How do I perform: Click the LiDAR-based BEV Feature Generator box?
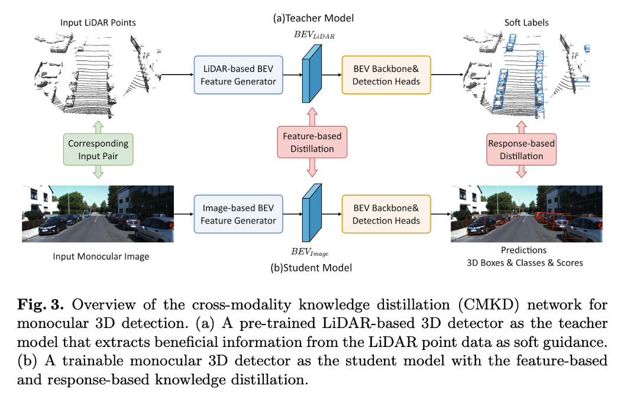[x=238, y=75]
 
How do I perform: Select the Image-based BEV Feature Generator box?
[x=238, y=214]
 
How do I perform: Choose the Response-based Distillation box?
[x=521, y=149]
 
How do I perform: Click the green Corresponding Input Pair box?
[x=98, y=149]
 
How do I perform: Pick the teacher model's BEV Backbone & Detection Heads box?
[x=386, y=75]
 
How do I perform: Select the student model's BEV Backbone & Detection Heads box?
[x=386, y=214]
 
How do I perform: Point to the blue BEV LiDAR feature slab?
[x=311, y=73]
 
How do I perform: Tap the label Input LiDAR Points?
[x=98, y=23]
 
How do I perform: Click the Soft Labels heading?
[x=526, y=23]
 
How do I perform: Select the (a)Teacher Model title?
[x=313, y=18]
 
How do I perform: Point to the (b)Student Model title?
[x=311, y=268]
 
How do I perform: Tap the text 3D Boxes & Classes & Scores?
[x=524, y=262]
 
